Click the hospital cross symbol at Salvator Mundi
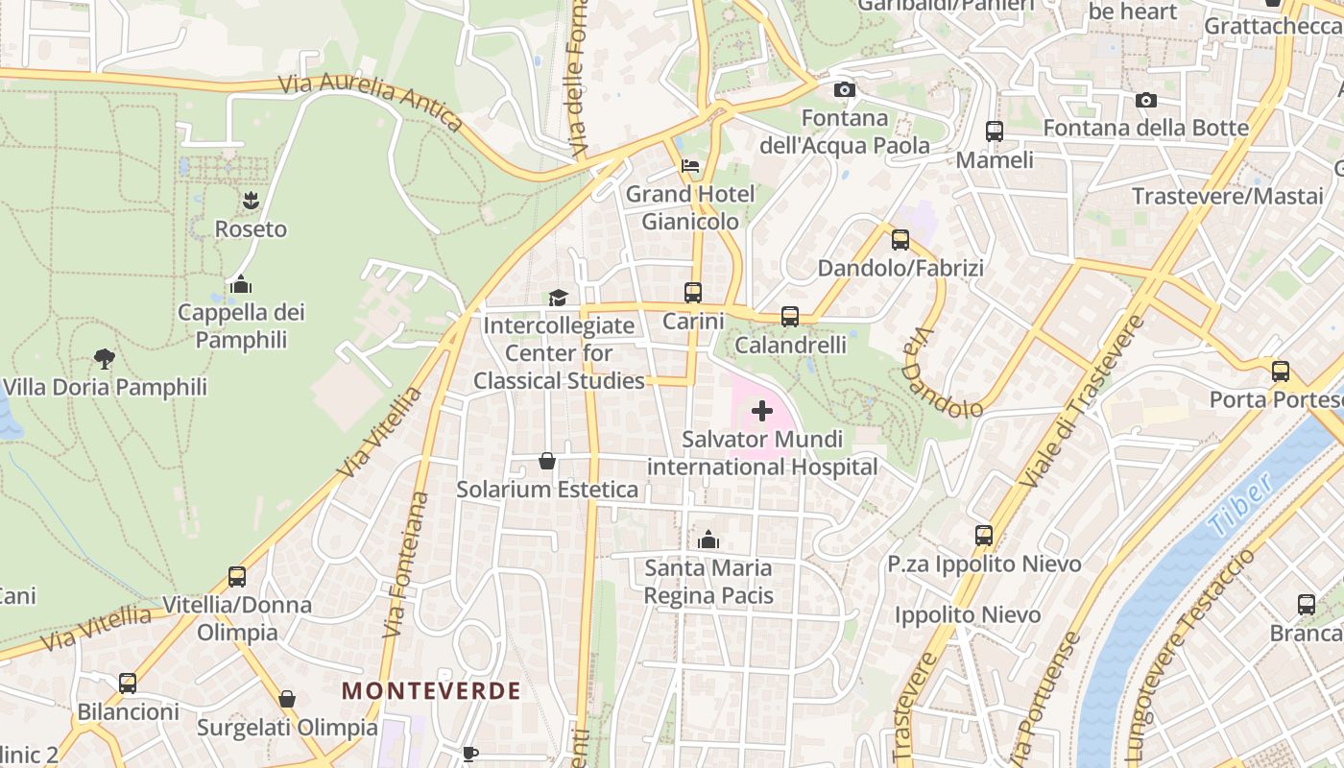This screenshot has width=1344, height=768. pos(762,411)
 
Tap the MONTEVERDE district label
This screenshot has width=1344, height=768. pos(431,690)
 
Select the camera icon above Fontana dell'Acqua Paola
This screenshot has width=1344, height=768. pos(845,89)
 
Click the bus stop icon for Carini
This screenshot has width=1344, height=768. pos(693,292)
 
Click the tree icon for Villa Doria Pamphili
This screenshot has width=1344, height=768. pos(105,359)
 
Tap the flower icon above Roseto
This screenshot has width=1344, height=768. pos(251,200)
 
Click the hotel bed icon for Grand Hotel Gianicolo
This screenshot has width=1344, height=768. pos(690,166)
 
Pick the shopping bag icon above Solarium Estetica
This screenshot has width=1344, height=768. pos(547,461)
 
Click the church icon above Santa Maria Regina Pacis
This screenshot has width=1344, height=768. pos(708,540)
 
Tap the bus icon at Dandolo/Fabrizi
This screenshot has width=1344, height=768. pos(900,239)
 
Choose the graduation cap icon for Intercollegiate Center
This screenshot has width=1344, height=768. pos(559,298)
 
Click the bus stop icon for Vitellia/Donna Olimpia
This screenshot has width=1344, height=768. pos(237,577)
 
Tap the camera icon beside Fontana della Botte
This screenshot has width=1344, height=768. pos(1145,100)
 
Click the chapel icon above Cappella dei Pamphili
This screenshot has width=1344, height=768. pos(241,284)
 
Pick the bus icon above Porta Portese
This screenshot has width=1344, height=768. pos(1281,372)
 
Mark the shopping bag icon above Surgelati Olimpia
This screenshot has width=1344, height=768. pos(287,699)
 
